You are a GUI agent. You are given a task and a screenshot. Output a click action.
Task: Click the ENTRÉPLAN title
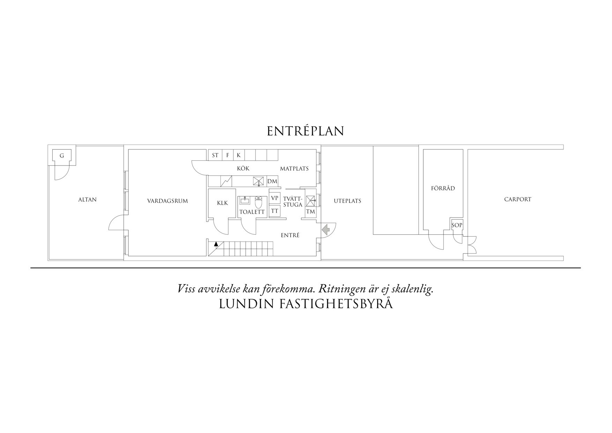(306, 131)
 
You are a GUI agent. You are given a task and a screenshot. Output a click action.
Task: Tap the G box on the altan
(62, 155)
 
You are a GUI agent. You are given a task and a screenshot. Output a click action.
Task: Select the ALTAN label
(87, 200)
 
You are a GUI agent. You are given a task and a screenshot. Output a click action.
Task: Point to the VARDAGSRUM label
(167, 201)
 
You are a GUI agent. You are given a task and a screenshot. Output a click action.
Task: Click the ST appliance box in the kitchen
(215, 155)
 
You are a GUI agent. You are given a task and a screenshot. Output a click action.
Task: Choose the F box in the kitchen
(227, 155)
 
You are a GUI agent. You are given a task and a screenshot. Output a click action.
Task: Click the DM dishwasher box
(272, 181)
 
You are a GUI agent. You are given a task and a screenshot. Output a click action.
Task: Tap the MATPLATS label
(294, 169)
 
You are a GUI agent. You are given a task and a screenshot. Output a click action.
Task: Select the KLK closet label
(222, 203)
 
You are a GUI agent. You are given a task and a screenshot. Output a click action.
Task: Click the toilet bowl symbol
(259, 202)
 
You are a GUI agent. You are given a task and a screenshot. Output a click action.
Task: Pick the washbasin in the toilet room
(245, 200)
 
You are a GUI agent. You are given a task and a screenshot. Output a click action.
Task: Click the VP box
(275, 198)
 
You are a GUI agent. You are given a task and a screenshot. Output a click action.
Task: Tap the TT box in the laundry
(275, 211)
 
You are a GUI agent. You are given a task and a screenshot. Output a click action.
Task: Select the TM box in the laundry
(311, 212)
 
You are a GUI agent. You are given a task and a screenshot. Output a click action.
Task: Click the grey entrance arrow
(326, 229)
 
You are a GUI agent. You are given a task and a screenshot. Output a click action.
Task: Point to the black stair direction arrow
(216, 244)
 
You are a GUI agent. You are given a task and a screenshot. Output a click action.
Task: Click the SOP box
(457, 225)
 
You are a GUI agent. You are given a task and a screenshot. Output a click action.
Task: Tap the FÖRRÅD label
(443, 188)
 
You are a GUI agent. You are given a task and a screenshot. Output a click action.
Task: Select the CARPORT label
(518, 199)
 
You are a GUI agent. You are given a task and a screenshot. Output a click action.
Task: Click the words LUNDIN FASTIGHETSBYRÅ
(306, 304)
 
